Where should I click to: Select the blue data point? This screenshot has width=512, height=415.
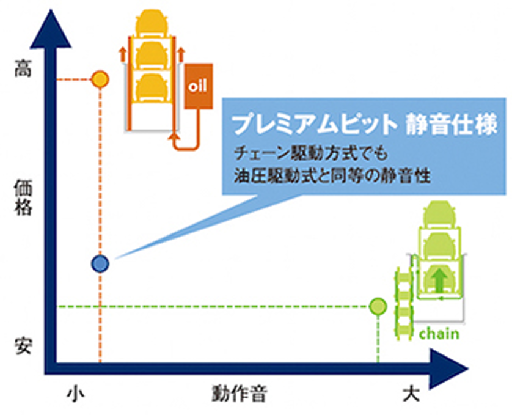pyautogui.click(x=100, y=263)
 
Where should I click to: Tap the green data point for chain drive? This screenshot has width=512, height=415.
pyautogui.click(x=379, y=306)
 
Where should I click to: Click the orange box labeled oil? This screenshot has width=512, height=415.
pyautogui.click(x=197, y=86)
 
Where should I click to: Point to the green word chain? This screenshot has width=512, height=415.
pyautogui.click(x=439, y=334)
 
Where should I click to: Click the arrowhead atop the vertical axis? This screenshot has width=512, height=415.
pyautogui.click(x=55, y=24)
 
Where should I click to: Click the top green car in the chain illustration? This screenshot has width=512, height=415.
pyautogui.click(x=439, y=216)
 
